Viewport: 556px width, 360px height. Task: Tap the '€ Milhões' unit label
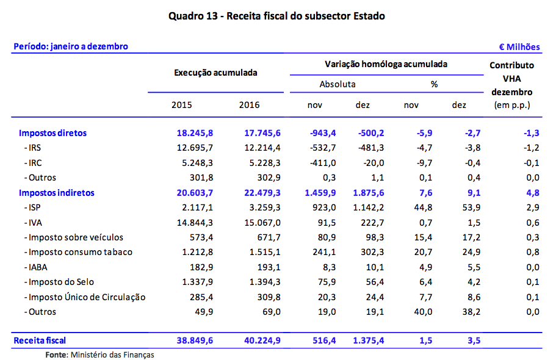tap(519, 47)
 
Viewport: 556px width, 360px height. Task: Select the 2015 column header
tap(181, 105)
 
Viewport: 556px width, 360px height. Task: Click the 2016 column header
tap(249, 105)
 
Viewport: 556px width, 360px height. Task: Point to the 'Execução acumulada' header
tap(215, 73)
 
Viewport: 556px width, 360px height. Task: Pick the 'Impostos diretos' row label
tap(52, 133)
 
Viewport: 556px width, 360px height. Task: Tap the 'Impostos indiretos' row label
tap(57, 193)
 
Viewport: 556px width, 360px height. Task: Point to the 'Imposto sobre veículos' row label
tap(75, 237)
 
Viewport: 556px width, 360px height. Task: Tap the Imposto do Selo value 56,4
tap(373, 282)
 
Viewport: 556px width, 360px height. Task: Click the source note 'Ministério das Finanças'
tap(112, 354)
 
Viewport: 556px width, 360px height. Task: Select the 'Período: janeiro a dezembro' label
tap(71, 47)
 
